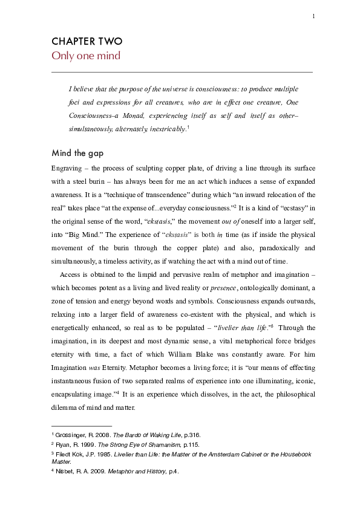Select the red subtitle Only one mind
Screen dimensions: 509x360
point(85,56)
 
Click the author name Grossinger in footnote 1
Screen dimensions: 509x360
point(69,435)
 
